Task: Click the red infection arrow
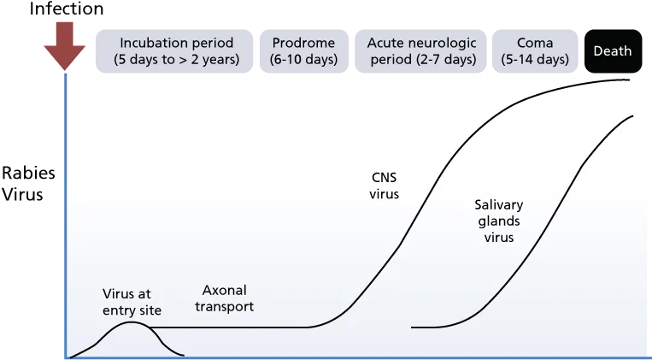[65, 46]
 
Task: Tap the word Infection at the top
[67, 9]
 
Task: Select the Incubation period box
[174, 51]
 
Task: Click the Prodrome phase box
[304, 51]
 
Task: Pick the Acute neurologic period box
[420, 51]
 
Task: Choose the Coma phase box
[535, 51]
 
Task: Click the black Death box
[613, 51]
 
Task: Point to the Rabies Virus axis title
[28, 184]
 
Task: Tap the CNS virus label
[385, 186]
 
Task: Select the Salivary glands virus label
[499, 221]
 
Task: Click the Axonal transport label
[225, 298]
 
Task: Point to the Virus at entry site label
[132, 302]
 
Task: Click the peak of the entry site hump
[132, 322]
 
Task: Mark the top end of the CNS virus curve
[629, 79]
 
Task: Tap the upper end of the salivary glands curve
[632, 116]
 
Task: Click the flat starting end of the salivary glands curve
[413, 328]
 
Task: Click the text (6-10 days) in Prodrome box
[304, 60]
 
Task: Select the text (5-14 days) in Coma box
[535, 60]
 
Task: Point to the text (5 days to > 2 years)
[177, 60]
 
